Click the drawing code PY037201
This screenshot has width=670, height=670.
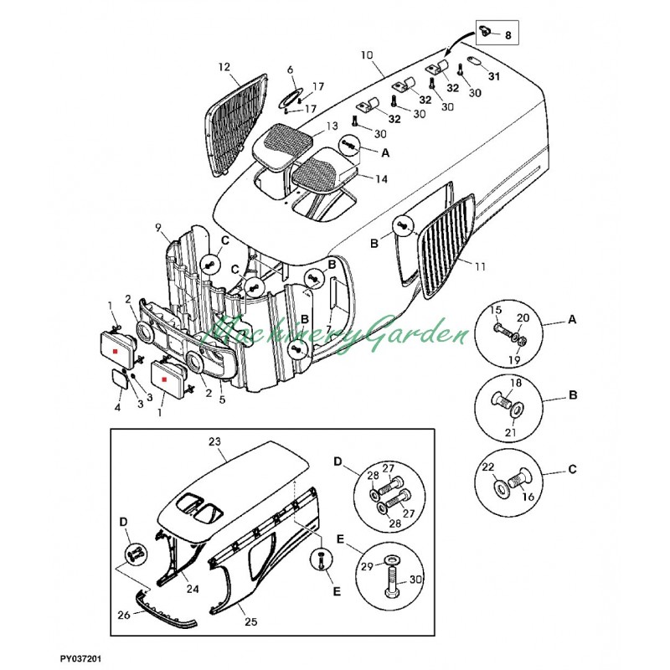80,659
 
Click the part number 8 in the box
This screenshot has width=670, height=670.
508,35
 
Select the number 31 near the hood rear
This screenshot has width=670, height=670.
494,76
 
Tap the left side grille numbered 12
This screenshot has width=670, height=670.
236,124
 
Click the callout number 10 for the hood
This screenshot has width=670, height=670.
367,55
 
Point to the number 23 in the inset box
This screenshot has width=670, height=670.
214,441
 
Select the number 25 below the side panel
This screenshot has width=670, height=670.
250,621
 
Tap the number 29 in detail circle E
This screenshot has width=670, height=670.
367,567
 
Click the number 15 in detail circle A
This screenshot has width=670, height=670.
496,309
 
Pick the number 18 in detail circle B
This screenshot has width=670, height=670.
516,383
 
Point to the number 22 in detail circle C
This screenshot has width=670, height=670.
488,467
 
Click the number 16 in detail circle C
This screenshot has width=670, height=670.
528,497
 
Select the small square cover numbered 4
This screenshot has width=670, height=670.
120,379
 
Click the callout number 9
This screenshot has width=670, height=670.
158,228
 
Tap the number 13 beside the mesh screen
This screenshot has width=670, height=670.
332,126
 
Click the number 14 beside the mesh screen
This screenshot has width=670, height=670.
382,178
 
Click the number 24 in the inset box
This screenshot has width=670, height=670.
193,589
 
